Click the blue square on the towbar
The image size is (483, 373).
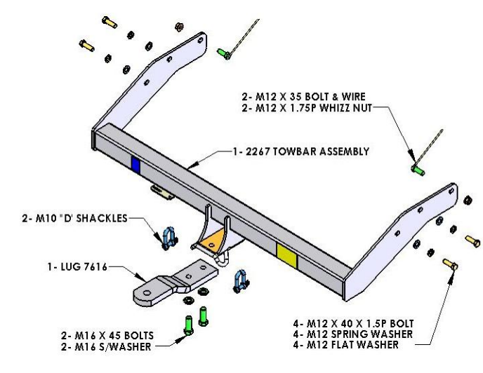pos(135,164)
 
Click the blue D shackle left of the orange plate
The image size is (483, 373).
pos(168,238)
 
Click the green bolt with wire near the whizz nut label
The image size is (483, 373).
pos(418,169)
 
